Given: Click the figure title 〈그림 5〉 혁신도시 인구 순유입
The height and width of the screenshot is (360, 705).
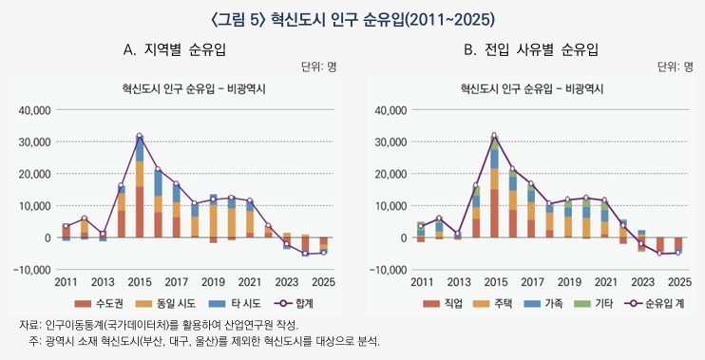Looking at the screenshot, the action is click(x=352, y=20).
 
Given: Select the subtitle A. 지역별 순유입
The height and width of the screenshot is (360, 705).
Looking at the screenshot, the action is click(x=175, y=49).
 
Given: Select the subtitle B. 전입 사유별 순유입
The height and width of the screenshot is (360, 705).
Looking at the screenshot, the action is click(x=531, y=49).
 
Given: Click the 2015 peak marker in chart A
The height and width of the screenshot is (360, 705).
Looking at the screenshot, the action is click(x=139, y=136).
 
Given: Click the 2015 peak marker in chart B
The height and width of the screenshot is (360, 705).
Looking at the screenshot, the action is click(x=494, y=135).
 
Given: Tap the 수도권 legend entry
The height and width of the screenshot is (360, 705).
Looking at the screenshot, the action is click(x=99, y=303).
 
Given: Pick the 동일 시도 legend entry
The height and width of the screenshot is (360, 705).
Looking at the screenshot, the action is click(x=166, y=303).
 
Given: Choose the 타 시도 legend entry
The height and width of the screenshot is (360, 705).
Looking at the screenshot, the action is click(x=235, y=303).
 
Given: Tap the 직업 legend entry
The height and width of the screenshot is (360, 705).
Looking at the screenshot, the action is click(x=443, y=303).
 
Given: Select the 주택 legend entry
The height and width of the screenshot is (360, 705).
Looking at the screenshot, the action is click(x=493, y=303).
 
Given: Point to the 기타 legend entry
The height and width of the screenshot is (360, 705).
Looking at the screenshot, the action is click(x=594, y=303).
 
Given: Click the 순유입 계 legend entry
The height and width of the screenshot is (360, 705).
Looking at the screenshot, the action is click(x=655, y=303).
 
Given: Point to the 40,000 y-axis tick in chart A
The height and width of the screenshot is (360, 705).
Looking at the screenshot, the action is click(x=34, y=110).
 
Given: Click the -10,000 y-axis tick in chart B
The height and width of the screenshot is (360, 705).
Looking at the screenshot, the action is click(x=388, y=270).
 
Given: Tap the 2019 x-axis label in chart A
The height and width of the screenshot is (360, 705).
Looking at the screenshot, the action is click(x=213, y=282).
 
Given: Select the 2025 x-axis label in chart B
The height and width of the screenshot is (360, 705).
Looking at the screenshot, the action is click(x=680, y=282).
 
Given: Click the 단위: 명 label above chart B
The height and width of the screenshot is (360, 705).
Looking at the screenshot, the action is click(x=676, y=67).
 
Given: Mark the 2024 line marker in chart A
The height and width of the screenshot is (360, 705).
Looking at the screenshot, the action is click(x=305, y=254).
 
